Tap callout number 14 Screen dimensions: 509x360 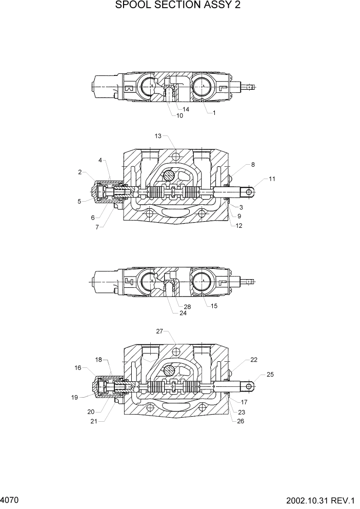(x=186, y=109)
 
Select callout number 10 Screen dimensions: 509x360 (x=179, y=115)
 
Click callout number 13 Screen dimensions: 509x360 (x=158, y=136)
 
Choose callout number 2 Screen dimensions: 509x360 (x=80, y=172)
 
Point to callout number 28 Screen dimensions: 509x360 (x=187, y=307)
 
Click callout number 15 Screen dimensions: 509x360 (x=214, y=306)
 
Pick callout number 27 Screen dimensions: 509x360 (x=159, y=331)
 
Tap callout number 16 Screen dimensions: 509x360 (x=78, y=368)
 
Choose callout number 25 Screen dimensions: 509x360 (x=270, y=375)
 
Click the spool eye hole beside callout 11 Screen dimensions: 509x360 (x=250, y=191)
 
